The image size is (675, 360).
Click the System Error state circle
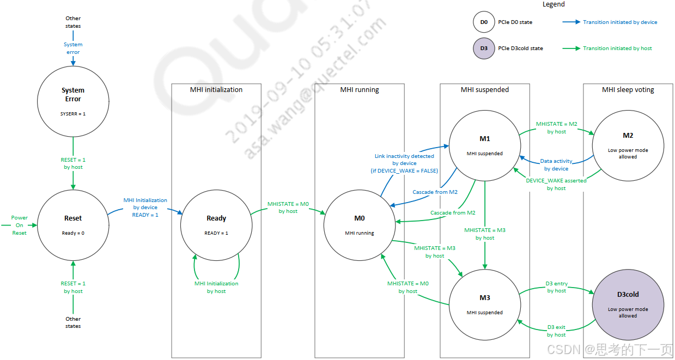pyautogui.click(x=73, y=101)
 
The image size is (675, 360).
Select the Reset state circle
pyautogui.click(x=73, y=224)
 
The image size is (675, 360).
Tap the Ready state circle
pyautogui.click(x=216, y=224)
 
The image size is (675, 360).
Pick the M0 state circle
pyautogui.click(x=359, y=224)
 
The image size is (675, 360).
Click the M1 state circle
pyautogui.click(x=484, y=144)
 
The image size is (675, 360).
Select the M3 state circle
pyautogui.click(x=484, y=303)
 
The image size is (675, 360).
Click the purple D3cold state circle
pyautogui.click(x=628, y=303)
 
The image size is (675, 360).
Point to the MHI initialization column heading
pyautogui.click(x=216, y=90)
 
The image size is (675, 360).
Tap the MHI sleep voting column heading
pyautogui.click(x=628, y=90)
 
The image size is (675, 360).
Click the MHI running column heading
pyautogui.click(x=359, y=90)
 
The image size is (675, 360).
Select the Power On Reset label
pyautogui.click(x=20, y=225)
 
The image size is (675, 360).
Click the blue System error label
pyautogui.click(x=73, y=48)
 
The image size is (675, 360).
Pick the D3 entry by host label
pyautogui.click(x=557, y=287)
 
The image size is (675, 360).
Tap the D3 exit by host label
pyautogui.click(x=557, y=331)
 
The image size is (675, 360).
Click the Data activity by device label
pyautogui.click(x=556, y=165)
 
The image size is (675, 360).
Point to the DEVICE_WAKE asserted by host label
pyautogui.click(x=556, y=184)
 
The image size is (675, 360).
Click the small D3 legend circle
pyautogui.click(x=484, y=48)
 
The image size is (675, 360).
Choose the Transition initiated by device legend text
pyautogui.click(x=620, y=22)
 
